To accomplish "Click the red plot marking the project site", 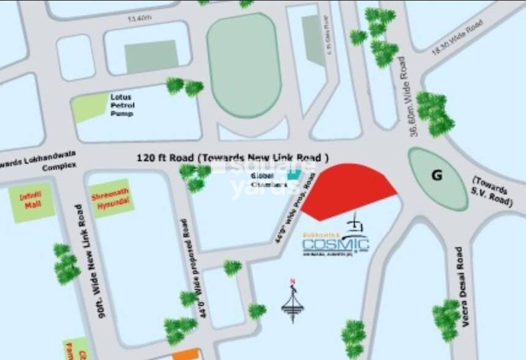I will (x=346, y=190).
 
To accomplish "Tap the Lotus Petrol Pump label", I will (x=123, y=105).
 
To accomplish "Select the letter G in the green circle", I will (x=436, y=175).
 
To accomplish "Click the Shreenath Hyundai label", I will (x=110, y=197).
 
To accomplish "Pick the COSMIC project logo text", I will (x=335, y=245).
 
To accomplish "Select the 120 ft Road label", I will (x=233, y=158).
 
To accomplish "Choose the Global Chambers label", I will (x=269, y=181).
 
